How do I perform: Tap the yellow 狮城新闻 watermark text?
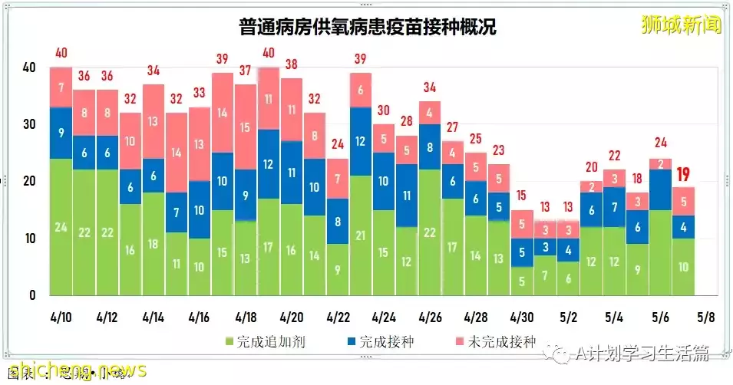pos(682,25)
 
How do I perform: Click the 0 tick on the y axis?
pos(32,295)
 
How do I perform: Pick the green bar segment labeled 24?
pos(61,227)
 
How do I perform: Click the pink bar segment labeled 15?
pos(246,127)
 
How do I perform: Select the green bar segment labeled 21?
pos(362,235)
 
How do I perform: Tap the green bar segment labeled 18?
pos(154,244)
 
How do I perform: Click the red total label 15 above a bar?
pos(522,196)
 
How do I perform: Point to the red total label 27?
pos(453,127)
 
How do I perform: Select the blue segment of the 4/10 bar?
pos(61,133)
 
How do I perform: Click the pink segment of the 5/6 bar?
pos(661,163)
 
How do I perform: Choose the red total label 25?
pos(476,138)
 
